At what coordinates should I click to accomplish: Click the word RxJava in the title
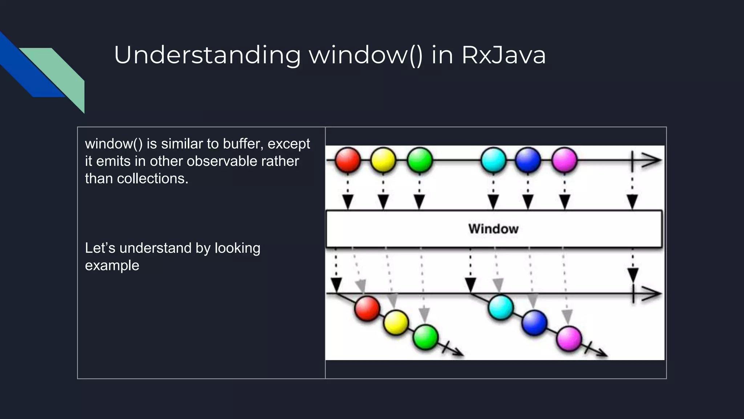pos(504,55)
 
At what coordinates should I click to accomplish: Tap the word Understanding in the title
pos(207,55)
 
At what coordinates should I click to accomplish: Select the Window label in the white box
pos(493,229)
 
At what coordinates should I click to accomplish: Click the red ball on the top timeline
pos(348,160)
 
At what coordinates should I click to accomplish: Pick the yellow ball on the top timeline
pos(383,160)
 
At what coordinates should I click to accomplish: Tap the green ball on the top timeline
pos(420,160)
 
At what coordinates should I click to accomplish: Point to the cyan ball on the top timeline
pos(493,160)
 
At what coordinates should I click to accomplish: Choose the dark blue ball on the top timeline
pos(528,160)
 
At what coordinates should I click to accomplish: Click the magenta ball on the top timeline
pos(564,160)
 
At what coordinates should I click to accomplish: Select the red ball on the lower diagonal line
pos(367,308)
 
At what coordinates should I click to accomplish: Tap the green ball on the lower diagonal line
pos(425,337)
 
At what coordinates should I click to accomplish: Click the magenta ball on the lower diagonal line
pos(569,339)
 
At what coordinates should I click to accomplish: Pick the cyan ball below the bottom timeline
pos(501,307)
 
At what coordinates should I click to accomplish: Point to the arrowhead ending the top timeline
pos(652,160)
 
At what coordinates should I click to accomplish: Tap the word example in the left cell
pos(112,266)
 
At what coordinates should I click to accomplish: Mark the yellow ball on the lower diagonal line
pos(396,323)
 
